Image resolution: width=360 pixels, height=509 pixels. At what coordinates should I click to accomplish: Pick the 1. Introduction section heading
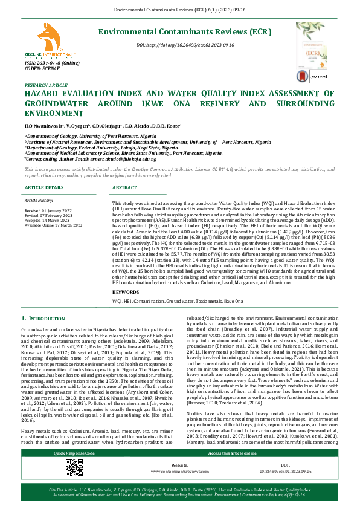(x=48, y=319)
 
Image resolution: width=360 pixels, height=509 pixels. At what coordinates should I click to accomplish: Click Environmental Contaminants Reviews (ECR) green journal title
(x=175, y=31)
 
